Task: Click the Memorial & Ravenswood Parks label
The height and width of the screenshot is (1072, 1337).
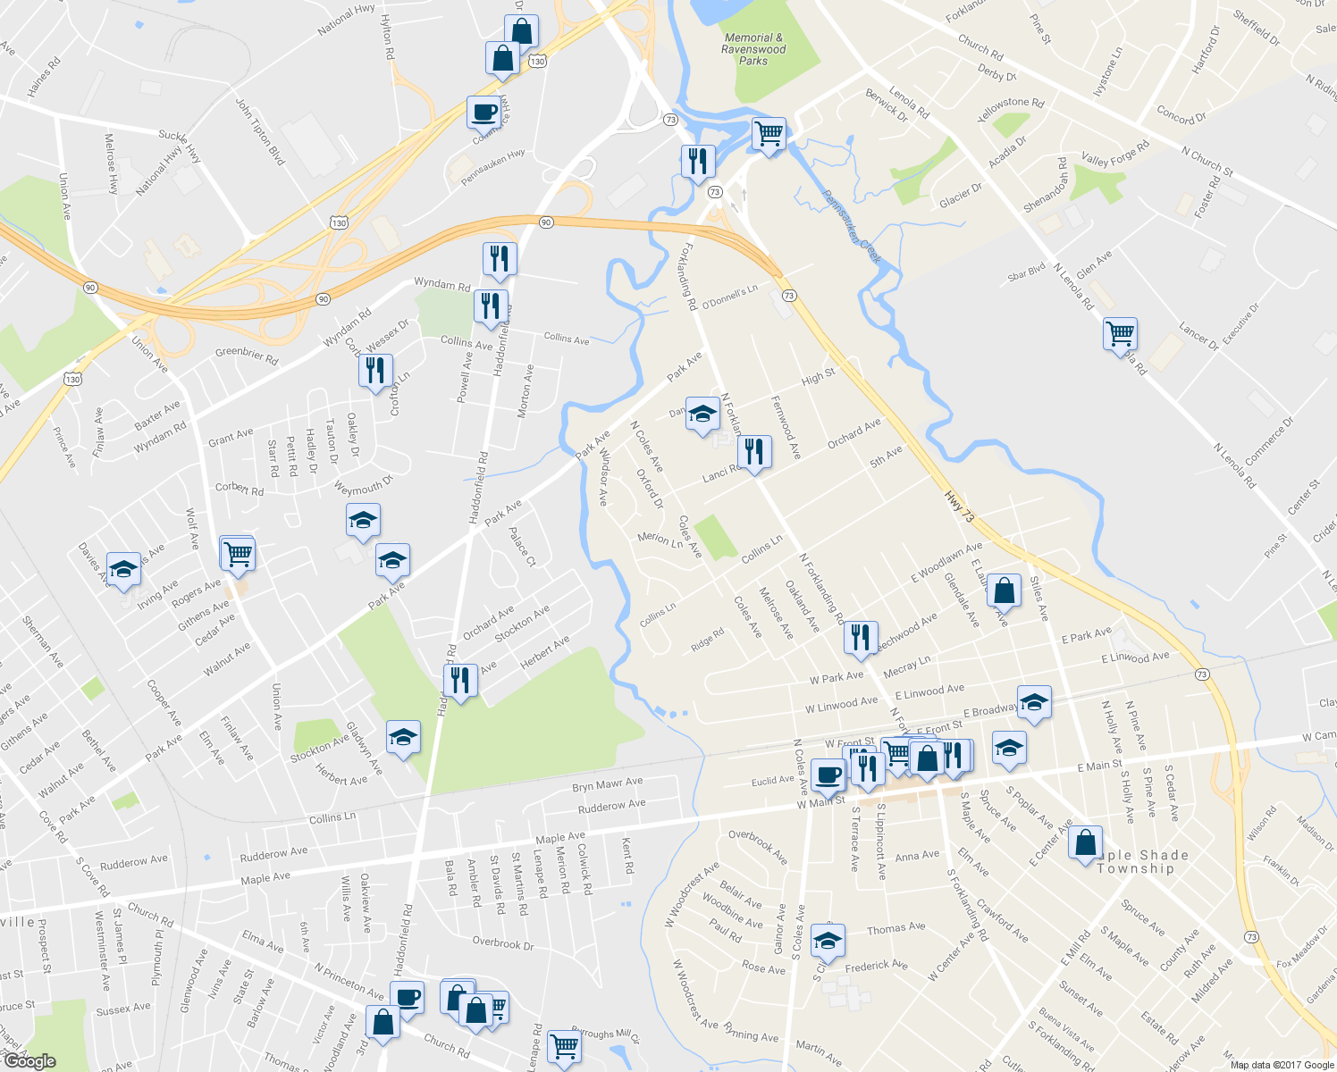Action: [754, 50]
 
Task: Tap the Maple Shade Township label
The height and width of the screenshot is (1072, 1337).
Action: [1137, 862]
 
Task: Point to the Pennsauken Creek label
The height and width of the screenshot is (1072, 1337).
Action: [852, 227]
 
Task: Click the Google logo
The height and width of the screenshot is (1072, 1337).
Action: [29, 1060]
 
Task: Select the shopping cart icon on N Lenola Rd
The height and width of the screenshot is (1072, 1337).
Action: [1120, 334]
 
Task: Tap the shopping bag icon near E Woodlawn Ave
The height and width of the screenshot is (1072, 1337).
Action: [1004, 590]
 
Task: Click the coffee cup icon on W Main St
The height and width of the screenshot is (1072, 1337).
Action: [828, 775]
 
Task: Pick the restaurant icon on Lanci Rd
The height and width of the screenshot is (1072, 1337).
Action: [755, 452]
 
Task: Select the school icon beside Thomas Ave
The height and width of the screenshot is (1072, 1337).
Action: [828, 941]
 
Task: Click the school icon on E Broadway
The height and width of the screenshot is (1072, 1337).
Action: [1034, 702]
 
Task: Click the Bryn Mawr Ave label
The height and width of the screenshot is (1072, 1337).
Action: [608, 784]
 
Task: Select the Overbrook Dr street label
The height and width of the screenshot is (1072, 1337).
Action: [502, 943]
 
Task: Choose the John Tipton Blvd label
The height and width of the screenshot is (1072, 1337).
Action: [259, 131]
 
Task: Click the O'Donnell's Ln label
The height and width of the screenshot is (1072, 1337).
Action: [729, 297]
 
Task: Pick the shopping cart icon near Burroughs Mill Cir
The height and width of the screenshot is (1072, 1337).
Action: [564, 1045]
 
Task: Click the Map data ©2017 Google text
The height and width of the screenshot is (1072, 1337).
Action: [1282, 1065]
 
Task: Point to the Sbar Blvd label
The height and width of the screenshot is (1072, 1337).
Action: [1026, 272]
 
